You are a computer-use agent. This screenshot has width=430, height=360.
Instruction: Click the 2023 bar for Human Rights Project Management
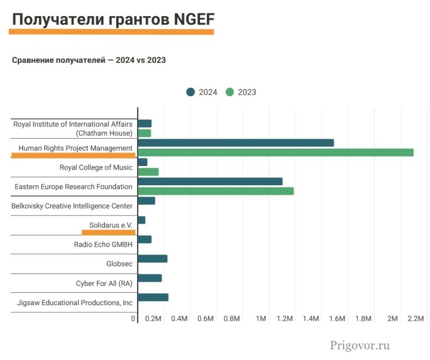[x=276, y=152]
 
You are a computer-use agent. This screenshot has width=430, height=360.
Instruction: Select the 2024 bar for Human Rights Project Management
[x=236, y=143]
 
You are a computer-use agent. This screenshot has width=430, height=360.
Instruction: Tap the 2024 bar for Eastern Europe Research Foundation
[x=210, y=182]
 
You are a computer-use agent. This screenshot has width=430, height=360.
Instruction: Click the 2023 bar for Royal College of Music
[x=148, y=171]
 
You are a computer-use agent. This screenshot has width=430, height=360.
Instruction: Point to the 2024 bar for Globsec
[x=153, y=258]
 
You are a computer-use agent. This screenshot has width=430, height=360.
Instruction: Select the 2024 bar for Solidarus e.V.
[x=142, y=220]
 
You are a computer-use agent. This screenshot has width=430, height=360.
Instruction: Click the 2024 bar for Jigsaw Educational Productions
[x=153, y=297]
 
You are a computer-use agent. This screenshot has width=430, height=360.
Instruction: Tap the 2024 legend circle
[x=190, y=92]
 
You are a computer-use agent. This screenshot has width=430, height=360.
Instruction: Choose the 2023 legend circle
[x=230, y=92]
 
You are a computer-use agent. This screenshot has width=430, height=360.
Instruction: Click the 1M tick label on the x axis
[x=261, y=319]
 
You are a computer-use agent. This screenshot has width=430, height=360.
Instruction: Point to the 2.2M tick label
[x=416, y=319]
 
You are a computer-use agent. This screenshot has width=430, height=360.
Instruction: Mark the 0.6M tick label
[x=206, y=319]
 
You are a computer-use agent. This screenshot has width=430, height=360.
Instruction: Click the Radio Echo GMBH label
[x=103, y=244]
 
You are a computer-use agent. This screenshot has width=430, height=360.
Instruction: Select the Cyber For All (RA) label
[x=104, y=283]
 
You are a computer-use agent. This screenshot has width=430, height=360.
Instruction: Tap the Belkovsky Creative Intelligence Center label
[x=72, y=206]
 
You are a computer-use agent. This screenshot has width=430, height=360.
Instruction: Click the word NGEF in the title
[x=194, y=20]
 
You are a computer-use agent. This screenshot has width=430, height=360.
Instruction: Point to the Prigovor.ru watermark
[x=360, y=345]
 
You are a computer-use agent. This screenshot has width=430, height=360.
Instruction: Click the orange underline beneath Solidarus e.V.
[x=108, y=232]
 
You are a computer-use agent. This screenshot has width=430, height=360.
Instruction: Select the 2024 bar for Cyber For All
[x=150, y=278]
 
